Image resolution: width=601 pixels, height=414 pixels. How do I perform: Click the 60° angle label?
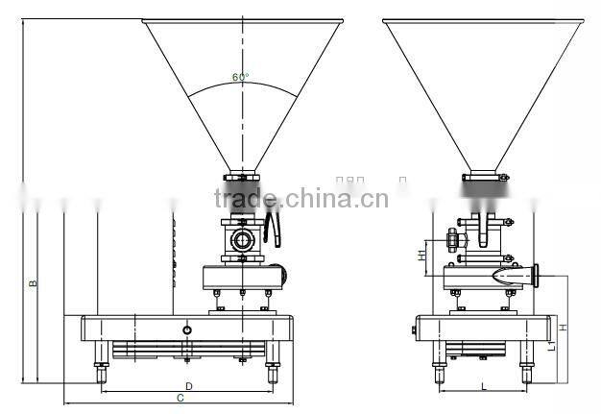(x=240, y=77)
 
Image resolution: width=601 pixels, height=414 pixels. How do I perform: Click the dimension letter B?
(x=33, y=283)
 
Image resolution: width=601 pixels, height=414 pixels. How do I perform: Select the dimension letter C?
(x=180, y=398)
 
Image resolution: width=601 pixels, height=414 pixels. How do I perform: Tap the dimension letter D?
(x=188, y=385)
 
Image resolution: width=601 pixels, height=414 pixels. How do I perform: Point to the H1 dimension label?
(x=422, y=256)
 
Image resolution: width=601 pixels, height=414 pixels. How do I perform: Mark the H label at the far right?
(x=564, y=328)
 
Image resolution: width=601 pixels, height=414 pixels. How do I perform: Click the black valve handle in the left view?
(x=274, y=229)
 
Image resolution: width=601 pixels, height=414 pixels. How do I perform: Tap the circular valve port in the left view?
(x=243, y=237)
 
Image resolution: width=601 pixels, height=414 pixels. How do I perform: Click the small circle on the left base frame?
(x=186, y=329)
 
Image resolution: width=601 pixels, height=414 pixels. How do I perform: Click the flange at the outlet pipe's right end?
(x=542, y=277)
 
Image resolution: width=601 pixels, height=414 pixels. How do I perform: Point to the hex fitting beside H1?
(x=451, y=235)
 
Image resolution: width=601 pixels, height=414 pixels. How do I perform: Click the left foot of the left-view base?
(x=99, y=369)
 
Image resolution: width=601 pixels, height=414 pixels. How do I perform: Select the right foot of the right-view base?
(x=526, y=370)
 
